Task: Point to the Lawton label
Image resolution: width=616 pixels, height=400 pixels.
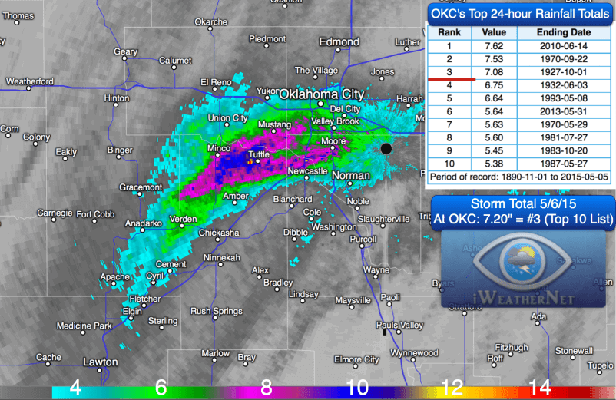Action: point(101,362)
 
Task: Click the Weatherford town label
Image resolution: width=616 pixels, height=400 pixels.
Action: point(29,81)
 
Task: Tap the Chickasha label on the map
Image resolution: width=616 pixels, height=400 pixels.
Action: point(218,233)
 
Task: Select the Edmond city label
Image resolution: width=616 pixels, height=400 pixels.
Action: point(339,42)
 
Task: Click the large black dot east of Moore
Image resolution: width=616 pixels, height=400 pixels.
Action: point(386,147)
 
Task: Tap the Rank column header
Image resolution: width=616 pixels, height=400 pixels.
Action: point(449,33)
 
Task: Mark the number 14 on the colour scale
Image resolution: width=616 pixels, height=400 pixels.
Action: point(540,388)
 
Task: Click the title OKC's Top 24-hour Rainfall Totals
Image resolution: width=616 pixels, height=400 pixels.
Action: point(520,13)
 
